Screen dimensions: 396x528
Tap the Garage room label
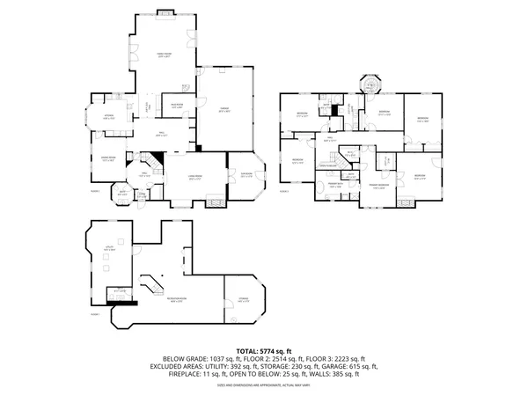224,109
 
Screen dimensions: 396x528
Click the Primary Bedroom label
379,185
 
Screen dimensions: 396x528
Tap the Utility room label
109,249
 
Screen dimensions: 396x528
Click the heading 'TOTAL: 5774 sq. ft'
264,351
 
